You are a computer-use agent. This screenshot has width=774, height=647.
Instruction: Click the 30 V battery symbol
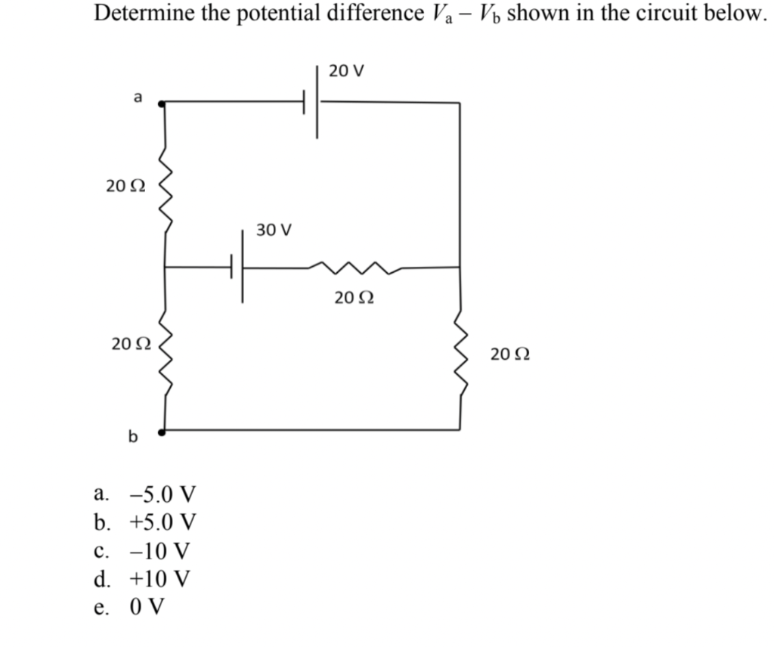[x=237, y=266]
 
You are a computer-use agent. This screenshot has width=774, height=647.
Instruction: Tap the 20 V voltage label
[x=347, y=72]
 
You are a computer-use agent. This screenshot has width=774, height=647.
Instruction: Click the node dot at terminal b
[x=163, y=432]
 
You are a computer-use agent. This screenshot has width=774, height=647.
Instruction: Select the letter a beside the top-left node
[x=137, y=96]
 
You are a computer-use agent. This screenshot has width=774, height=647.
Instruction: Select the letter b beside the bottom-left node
[x=134, y=436]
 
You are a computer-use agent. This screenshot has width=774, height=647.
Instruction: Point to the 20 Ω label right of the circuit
[x=509, y=354]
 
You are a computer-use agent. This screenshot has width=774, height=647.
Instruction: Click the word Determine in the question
[x=143, y=13]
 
